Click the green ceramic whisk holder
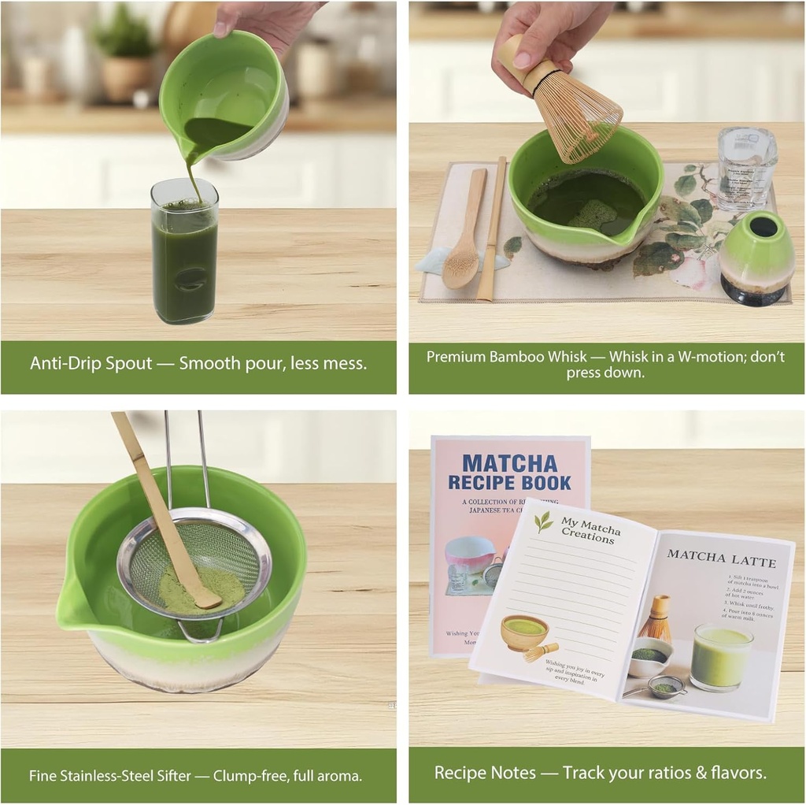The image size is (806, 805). tap(755, 256)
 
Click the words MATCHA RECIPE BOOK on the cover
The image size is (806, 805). tap(509, 473)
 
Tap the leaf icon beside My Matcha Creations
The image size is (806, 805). tap(543, 521)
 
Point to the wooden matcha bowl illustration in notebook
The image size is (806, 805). tap(524, 631)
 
